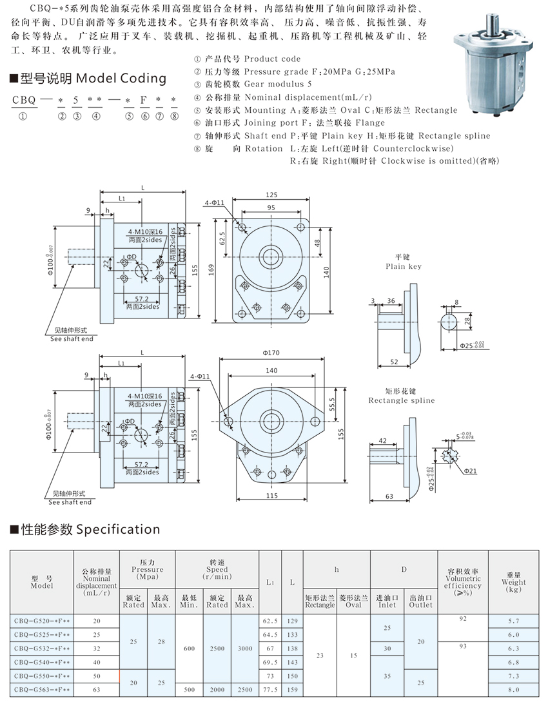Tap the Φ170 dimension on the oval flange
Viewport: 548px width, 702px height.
point(271,353)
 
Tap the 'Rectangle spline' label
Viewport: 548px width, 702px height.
point(401,400)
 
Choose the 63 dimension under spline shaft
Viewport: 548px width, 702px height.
point(390,496)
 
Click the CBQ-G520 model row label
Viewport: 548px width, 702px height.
point(41,621)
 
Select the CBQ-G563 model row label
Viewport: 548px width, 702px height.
point(41,689)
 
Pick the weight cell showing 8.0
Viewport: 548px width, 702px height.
point(513,689)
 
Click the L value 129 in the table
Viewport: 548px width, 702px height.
point(292,621)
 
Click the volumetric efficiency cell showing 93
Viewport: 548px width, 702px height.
point(462,645)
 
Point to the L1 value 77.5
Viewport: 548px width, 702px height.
point(269,689)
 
